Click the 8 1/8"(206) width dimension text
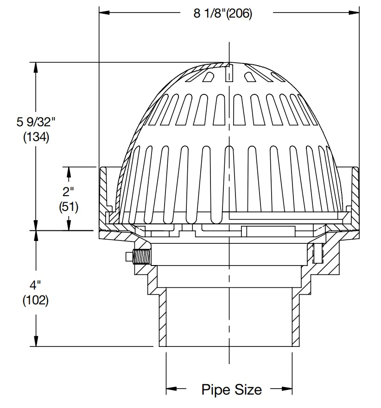(x=222, y=13)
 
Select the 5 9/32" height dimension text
(x=36, y=122)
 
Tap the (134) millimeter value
(x=36, y=137)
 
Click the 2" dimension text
(x=68, y=192)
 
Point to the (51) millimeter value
(x=69, y=207)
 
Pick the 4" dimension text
(x=35, y=285)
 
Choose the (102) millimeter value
(x=36, y=300)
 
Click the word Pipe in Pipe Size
(x=216, y=390)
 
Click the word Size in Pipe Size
(x=248, y=389)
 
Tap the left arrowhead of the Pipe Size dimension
(x=171, y=389)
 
